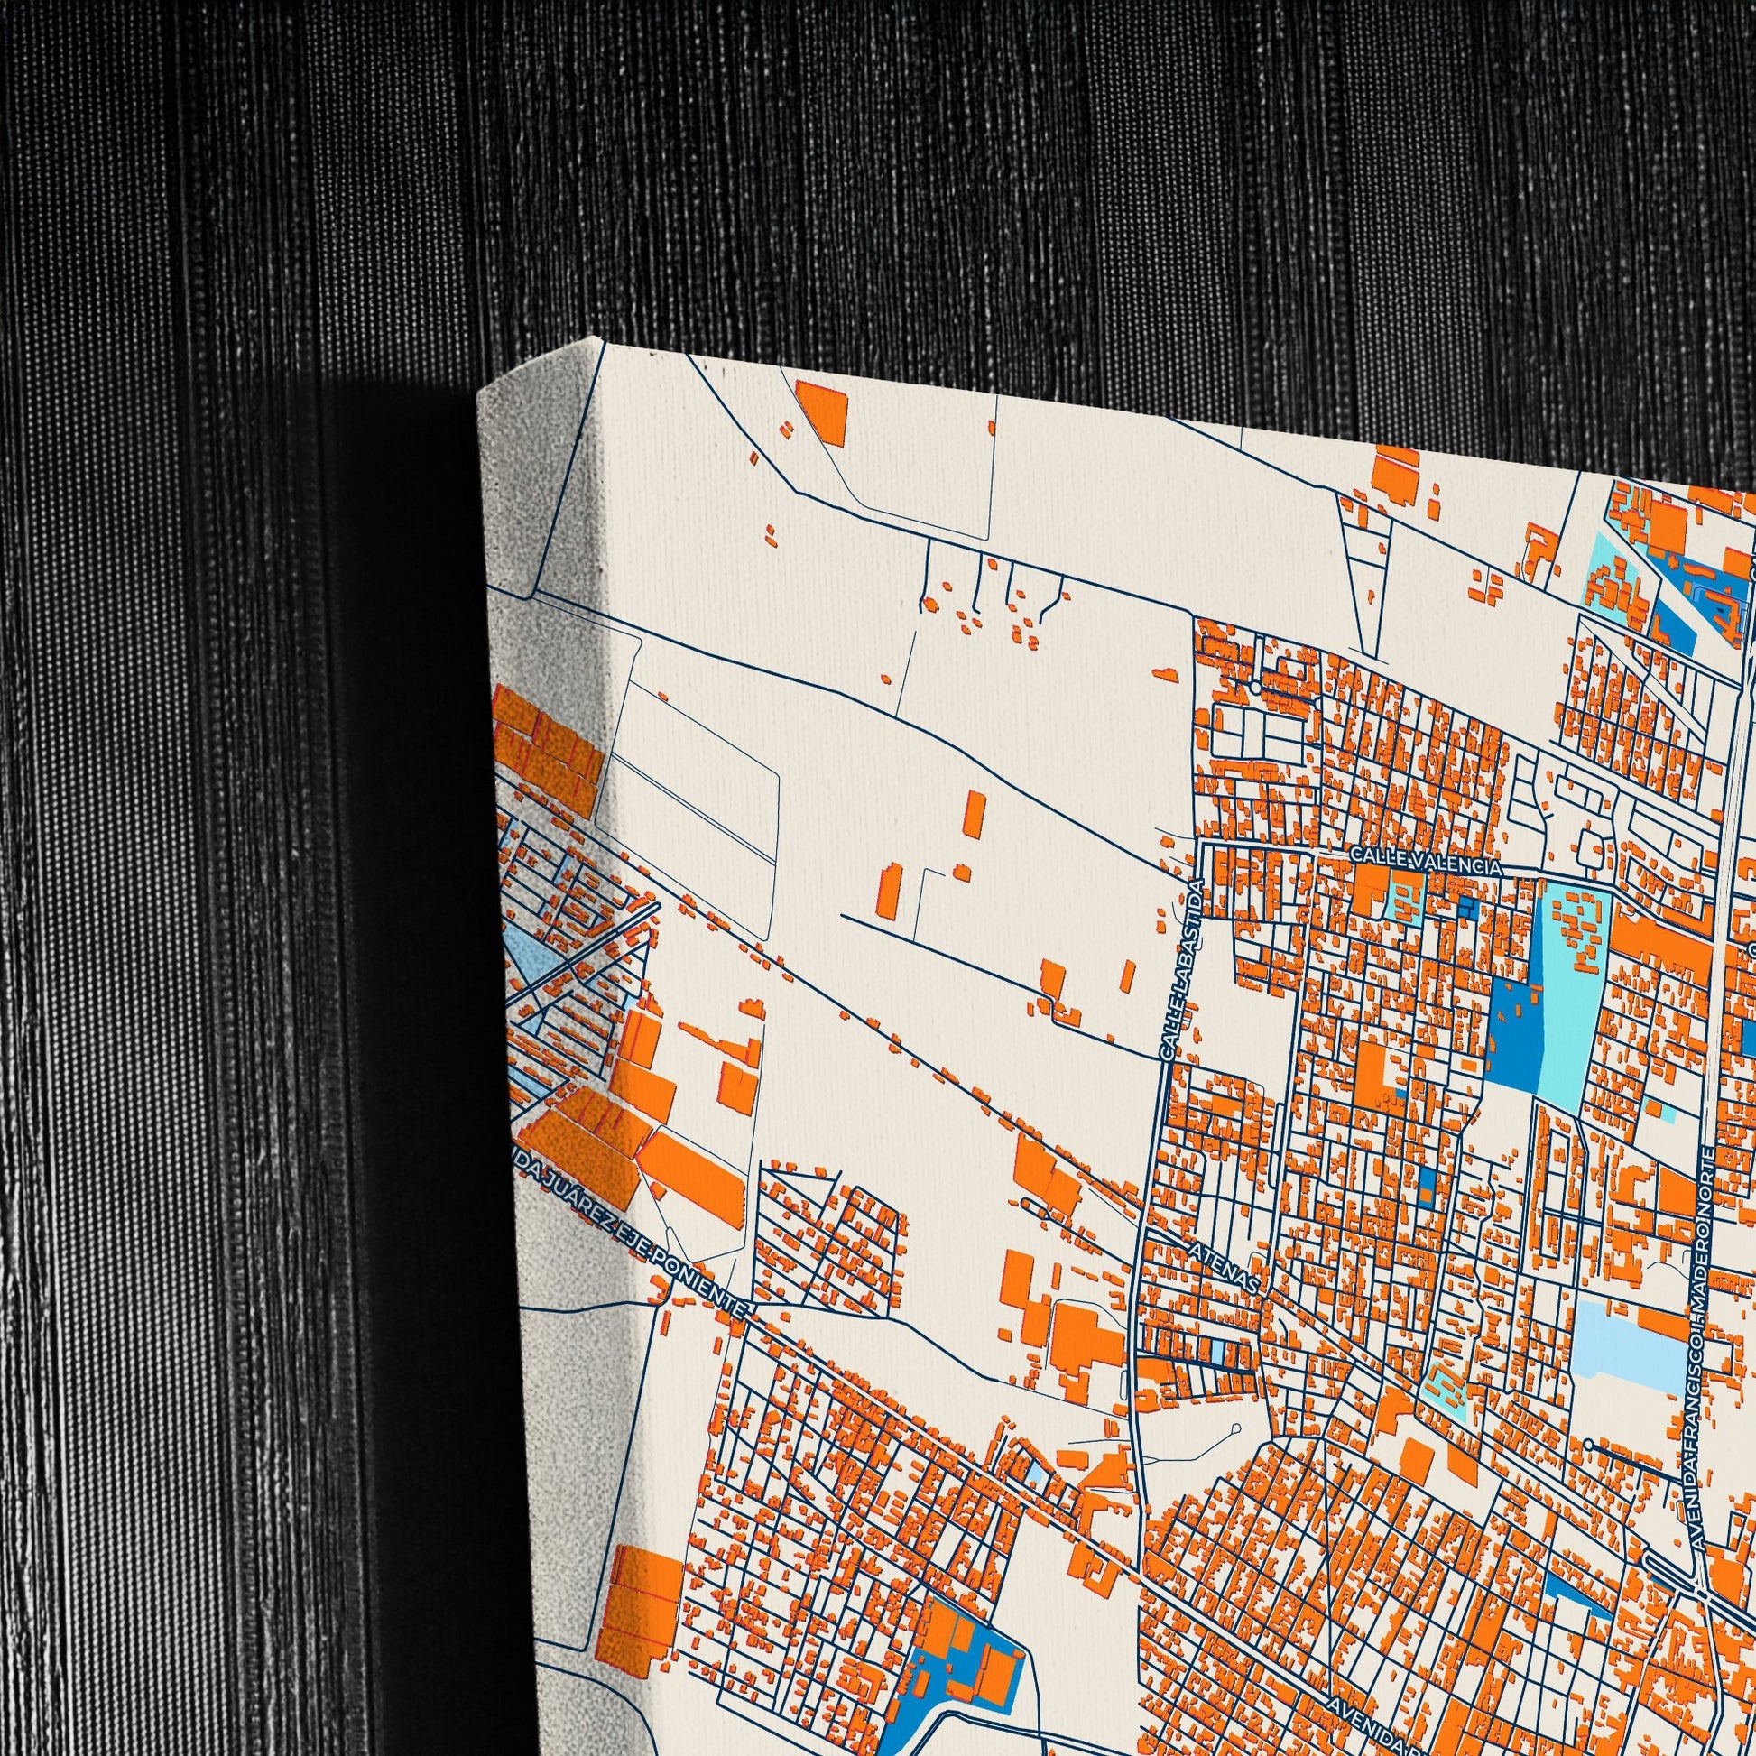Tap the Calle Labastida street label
point(1182,969)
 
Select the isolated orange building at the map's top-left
point(821,412)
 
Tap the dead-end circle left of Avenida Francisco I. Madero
point(1588,1445)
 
